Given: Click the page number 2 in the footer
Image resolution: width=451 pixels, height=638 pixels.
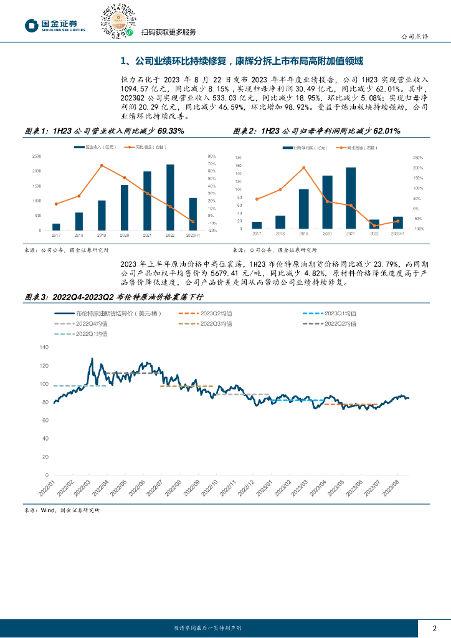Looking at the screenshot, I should [x=435, y=627].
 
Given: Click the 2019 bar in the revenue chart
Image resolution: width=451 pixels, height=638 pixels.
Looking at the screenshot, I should [x=102, y=215].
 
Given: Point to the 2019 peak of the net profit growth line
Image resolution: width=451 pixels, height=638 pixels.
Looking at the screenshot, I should [x=303, y=168].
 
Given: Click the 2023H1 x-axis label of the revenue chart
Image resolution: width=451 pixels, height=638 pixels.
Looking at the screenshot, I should [x=192, y=235].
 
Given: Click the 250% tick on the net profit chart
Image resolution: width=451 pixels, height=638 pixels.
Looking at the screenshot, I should [x=418, y=157].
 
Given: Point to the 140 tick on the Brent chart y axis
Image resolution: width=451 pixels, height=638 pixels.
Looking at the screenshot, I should [x=44, y=347].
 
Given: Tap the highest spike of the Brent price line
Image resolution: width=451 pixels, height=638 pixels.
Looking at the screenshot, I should [x=92, y=359].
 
